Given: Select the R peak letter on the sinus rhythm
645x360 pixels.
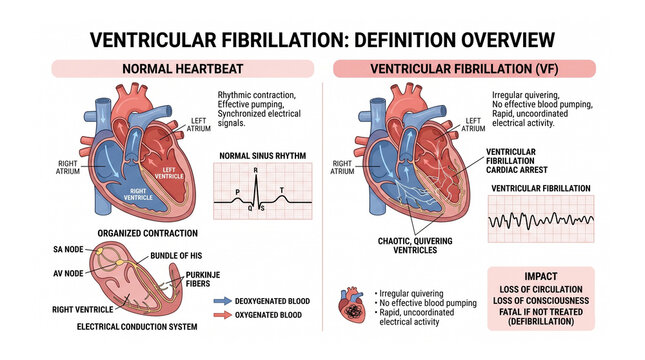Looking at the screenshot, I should (x=256, y=171).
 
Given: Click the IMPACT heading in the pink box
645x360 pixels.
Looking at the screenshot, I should (x=540, y=276).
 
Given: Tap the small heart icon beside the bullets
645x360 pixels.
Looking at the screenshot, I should (x=357, y=305).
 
